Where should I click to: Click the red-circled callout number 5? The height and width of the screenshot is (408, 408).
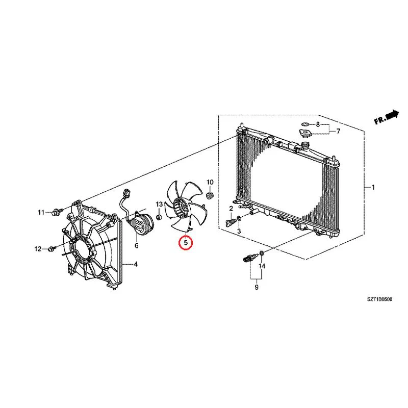click(186, 243)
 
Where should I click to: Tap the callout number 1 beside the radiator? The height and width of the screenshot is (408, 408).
click(373, 187)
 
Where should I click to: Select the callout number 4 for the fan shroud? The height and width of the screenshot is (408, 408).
click(136, 264)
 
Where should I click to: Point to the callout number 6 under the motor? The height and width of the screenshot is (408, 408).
click(136, 245)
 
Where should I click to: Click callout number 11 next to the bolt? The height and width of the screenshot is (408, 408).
click(41, 213)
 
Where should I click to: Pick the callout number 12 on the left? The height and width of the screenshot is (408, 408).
click(38, 249)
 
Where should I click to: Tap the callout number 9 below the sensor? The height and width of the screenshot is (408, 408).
click(257, 288)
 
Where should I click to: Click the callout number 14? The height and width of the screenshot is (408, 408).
click(262, 266)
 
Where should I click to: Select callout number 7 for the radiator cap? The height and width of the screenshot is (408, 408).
click(338, 131)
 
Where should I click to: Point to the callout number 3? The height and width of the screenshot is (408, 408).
click(239, 231)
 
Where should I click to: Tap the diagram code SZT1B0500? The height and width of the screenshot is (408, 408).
click(379, 299)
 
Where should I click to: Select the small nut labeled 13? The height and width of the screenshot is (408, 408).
click(159, 217)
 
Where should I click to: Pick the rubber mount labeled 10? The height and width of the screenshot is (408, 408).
click(210, 195)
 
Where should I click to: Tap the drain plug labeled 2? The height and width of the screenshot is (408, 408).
click(231, 223)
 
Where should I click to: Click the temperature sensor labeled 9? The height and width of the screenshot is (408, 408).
click(249, 258)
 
